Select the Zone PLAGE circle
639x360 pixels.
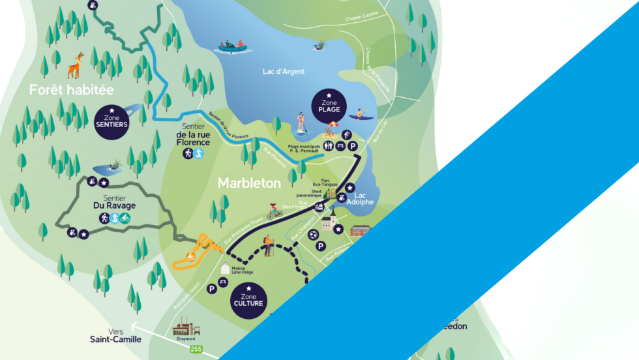329,104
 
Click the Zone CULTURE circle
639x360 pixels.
248,299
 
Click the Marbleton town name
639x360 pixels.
249,183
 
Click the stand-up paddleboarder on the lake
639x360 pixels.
301,124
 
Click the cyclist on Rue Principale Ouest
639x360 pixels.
275,211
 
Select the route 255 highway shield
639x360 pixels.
195,350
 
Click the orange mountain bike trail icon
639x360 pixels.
190,256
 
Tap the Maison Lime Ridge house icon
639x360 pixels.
226,268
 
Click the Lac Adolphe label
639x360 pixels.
364,198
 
